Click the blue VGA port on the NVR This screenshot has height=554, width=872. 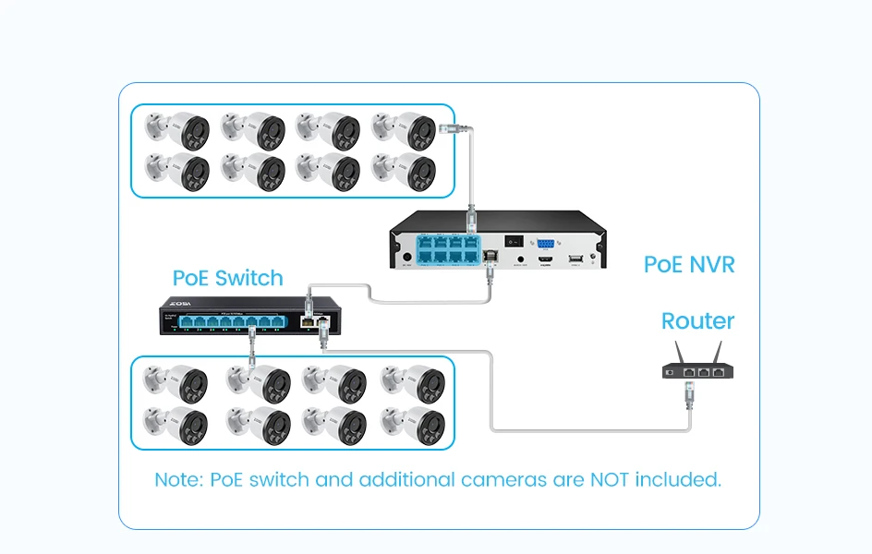(545, 244)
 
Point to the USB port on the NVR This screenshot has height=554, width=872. (576, 259)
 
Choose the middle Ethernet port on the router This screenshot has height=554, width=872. (704, 372)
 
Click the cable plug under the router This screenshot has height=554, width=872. (689, 398)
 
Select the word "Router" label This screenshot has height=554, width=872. (697, 321)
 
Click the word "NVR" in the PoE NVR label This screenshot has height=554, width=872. (712, 265)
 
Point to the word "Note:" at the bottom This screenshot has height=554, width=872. (179, 480)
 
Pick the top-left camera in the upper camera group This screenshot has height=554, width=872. (179, 131)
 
